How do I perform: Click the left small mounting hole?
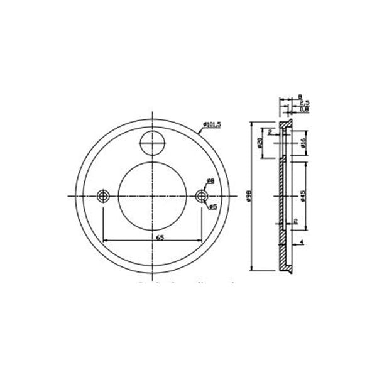pos(104,196)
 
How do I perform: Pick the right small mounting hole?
pos(201,196)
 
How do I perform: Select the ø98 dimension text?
pos(249,197)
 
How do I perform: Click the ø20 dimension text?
pos(259,143)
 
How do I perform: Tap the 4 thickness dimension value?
pos(302,241)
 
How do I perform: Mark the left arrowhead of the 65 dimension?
pos(106,241)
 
